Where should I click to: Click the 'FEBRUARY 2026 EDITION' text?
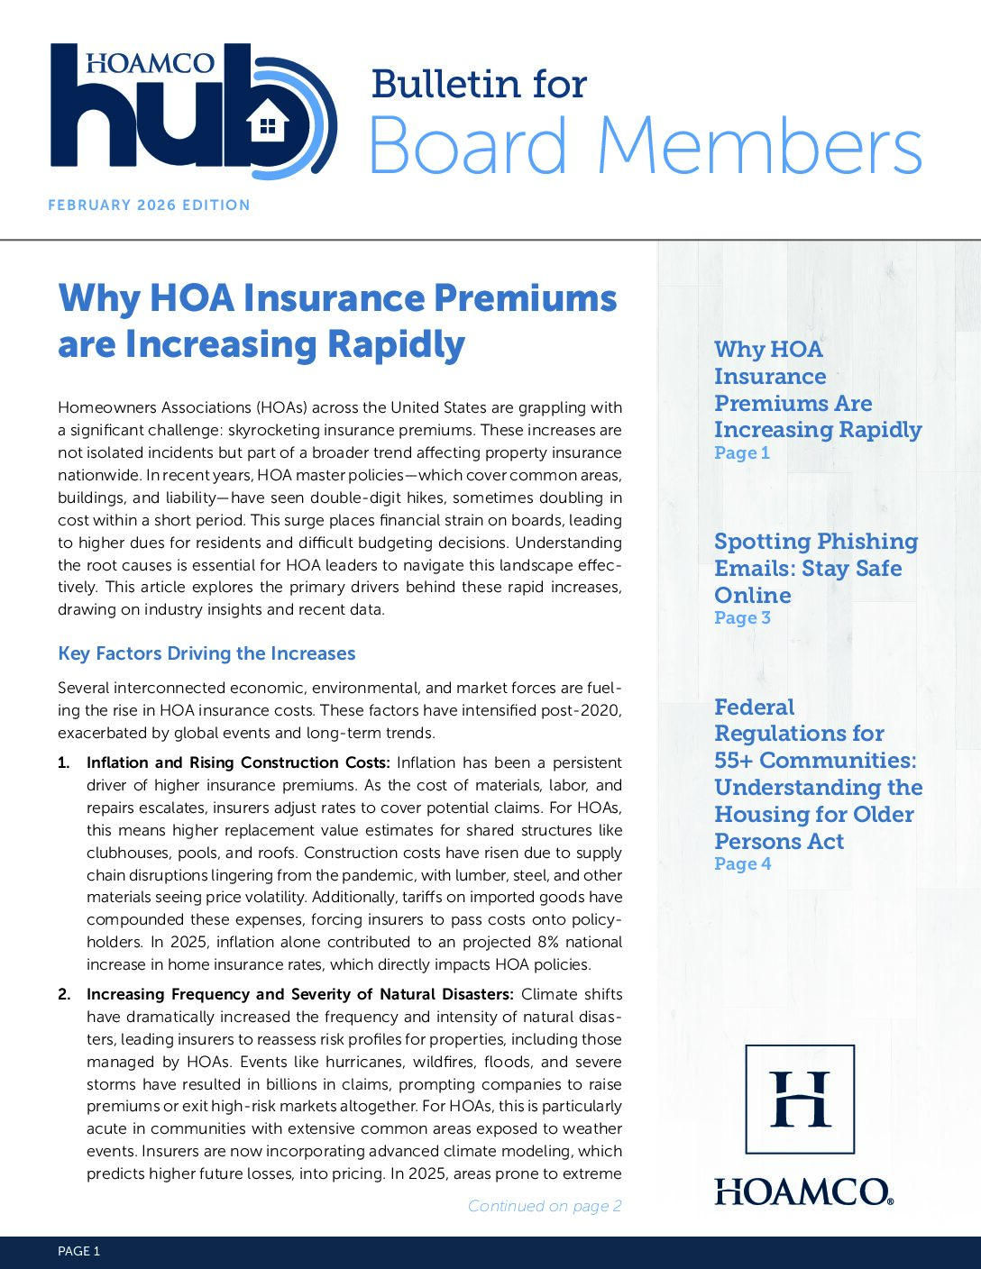click(149, 205)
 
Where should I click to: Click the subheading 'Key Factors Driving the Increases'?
click(206, 653)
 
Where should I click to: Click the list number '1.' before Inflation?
click(64, 762)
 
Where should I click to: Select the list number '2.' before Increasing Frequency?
click(64, 995)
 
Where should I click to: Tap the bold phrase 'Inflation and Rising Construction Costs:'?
click(239, 762)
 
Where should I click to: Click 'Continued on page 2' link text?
click(545, 1206)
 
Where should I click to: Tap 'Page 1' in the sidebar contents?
click(741, 453)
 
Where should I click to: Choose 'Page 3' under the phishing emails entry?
click(742, 618)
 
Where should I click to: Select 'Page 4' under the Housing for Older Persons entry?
click(742, 864)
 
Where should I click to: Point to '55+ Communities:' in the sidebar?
click(815, 761)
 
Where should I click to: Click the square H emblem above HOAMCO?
click(800, 1099)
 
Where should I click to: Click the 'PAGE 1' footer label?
click(78, 1251)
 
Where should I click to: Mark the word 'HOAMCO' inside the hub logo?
click(151, 63)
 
